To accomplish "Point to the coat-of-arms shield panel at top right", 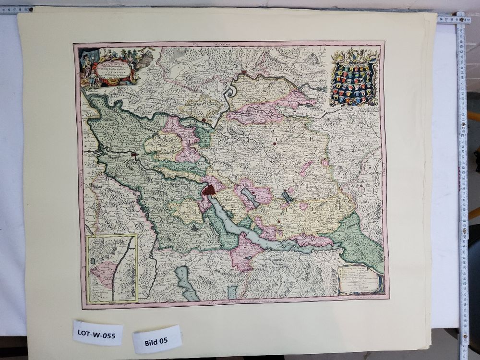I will point(354,78).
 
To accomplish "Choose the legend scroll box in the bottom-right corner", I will point(359,279).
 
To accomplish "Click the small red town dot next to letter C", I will point(275,143).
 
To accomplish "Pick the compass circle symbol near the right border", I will point(361,189).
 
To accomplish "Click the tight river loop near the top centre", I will point(230,91).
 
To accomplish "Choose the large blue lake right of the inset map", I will point(186,283).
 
